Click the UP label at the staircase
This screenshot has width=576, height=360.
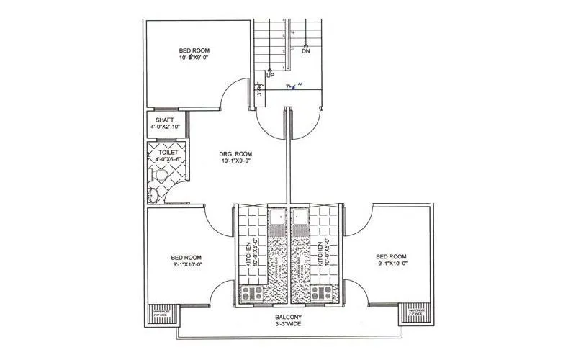(270, 75)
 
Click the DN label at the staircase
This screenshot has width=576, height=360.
(306, 53)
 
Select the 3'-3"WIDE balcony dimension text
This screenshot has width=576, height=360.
(288, 325)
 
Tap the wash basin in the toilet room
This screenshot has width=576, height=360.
(152, 194)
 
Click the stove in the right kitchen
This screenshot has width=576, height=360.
(322, 293)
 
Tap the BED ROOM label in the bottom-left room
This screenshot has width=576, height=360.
(186, 257)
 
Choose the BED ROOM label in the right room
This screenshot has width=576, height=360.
(391, 256)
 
